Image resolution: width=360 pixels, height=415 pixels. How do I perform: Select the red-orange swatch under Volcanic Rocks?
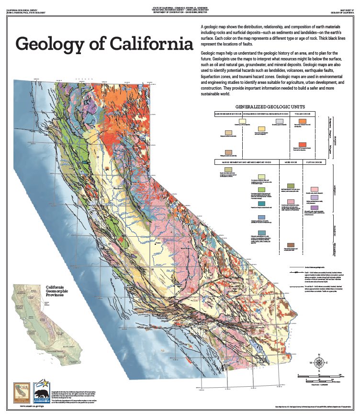click(x=303, y=144)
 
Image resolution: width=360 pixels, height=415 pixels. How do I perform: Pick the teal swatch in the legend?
click(x=261, y=204)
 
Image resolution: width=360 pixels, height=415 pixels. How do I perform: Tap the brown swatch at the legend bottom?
click(x=290, y=245)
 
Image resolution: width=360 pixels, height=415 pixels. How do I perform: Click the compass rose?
click(x=319, y=362)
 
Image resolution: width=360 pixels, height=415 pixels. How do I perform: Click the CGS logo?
click(x=21, y=388)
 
